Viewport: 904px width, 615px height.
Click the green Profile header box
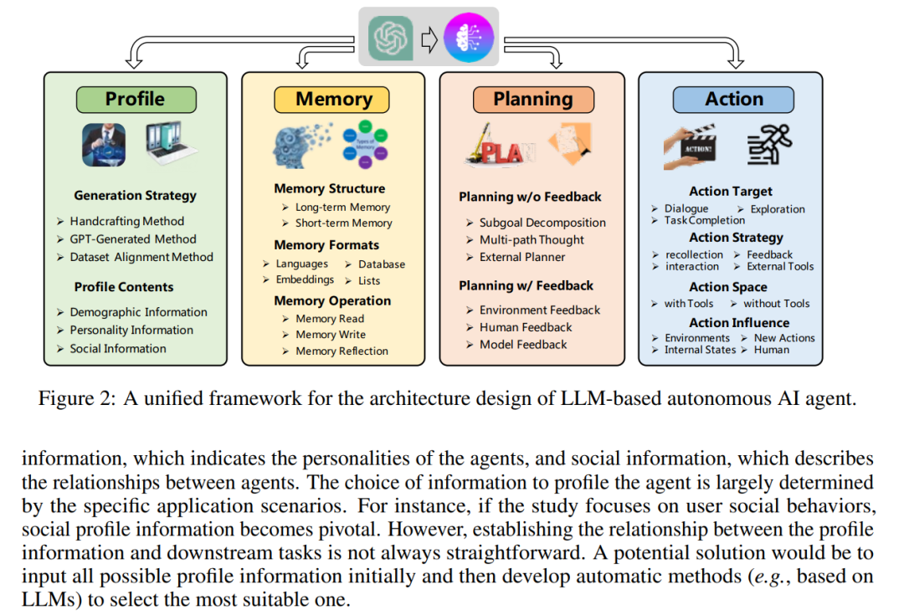click(136, 99)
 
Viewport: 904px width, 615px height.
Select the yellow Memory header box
click(334, 99)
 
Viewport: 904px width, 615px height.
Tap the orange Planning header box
click(533, 99)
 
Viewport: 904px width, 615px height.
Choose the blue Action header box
click(733, 99)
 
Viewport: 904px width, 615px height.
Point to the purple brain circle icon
click(468, 38)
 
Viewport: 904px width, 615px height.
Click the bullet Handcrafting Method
click(126, 222)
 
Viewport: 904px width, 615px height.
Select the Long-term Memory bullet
click(342, 207)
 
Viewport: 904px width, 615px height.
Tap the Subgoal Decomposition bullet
click(542, 223)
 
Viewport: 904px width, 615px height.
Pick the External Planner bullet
click(522, 257)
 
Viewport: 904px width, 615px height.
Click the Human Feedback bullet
click(526, 327)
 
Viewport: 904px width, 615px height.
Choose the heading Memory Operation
click(332, 300)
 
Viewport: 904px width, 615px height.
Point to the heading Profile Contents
click(124, 286)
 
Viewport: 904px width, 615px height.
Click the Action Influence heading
click(739, 322)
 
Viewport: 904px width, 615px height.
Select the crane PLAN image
click(500, 146)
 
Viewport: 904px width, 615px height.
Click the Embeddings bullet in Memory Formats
click(305, 279)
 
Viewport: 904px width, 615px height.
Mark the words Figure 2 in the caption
click(72, 398)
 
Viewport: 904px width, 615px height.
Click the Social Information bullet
click(118, 348)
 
